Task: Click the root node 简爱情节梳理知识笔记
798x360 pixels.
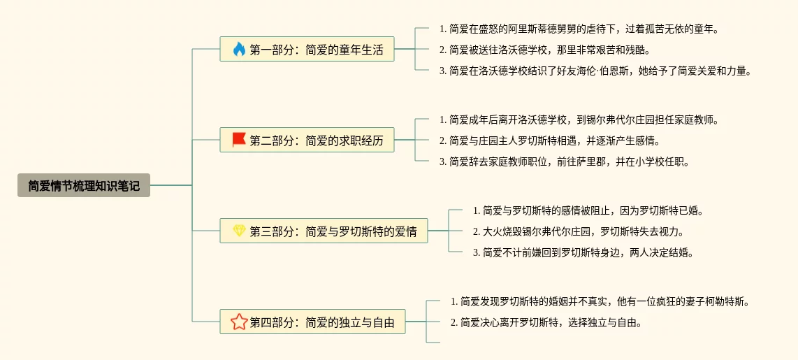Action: [x=84, y=185]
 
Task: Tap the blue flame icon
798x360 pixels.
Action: [x=239, y=50]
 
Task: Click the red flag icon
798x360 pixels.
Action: [x=239, y=140]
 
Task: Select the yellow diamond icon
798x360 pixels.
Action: [x=239, y=231]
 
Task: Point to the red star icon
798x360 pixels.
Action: [x=239, y=322]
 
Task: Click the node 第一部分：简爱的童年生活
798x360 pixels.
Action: [x=307, y=50]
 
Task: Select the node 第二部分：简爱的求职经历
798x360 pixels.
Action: [x=307, y=141]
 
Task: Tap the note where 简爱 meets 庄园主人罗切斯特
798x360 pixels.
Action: [x=549, y=141]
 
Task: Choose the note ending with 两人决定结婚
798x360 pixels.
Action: [x=583, y=252]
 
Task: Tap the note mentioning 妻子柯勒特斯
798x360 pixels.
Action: [x=600, y=302]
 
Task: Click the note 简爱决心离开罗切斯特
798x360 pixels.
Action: [x=546, y=323]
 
